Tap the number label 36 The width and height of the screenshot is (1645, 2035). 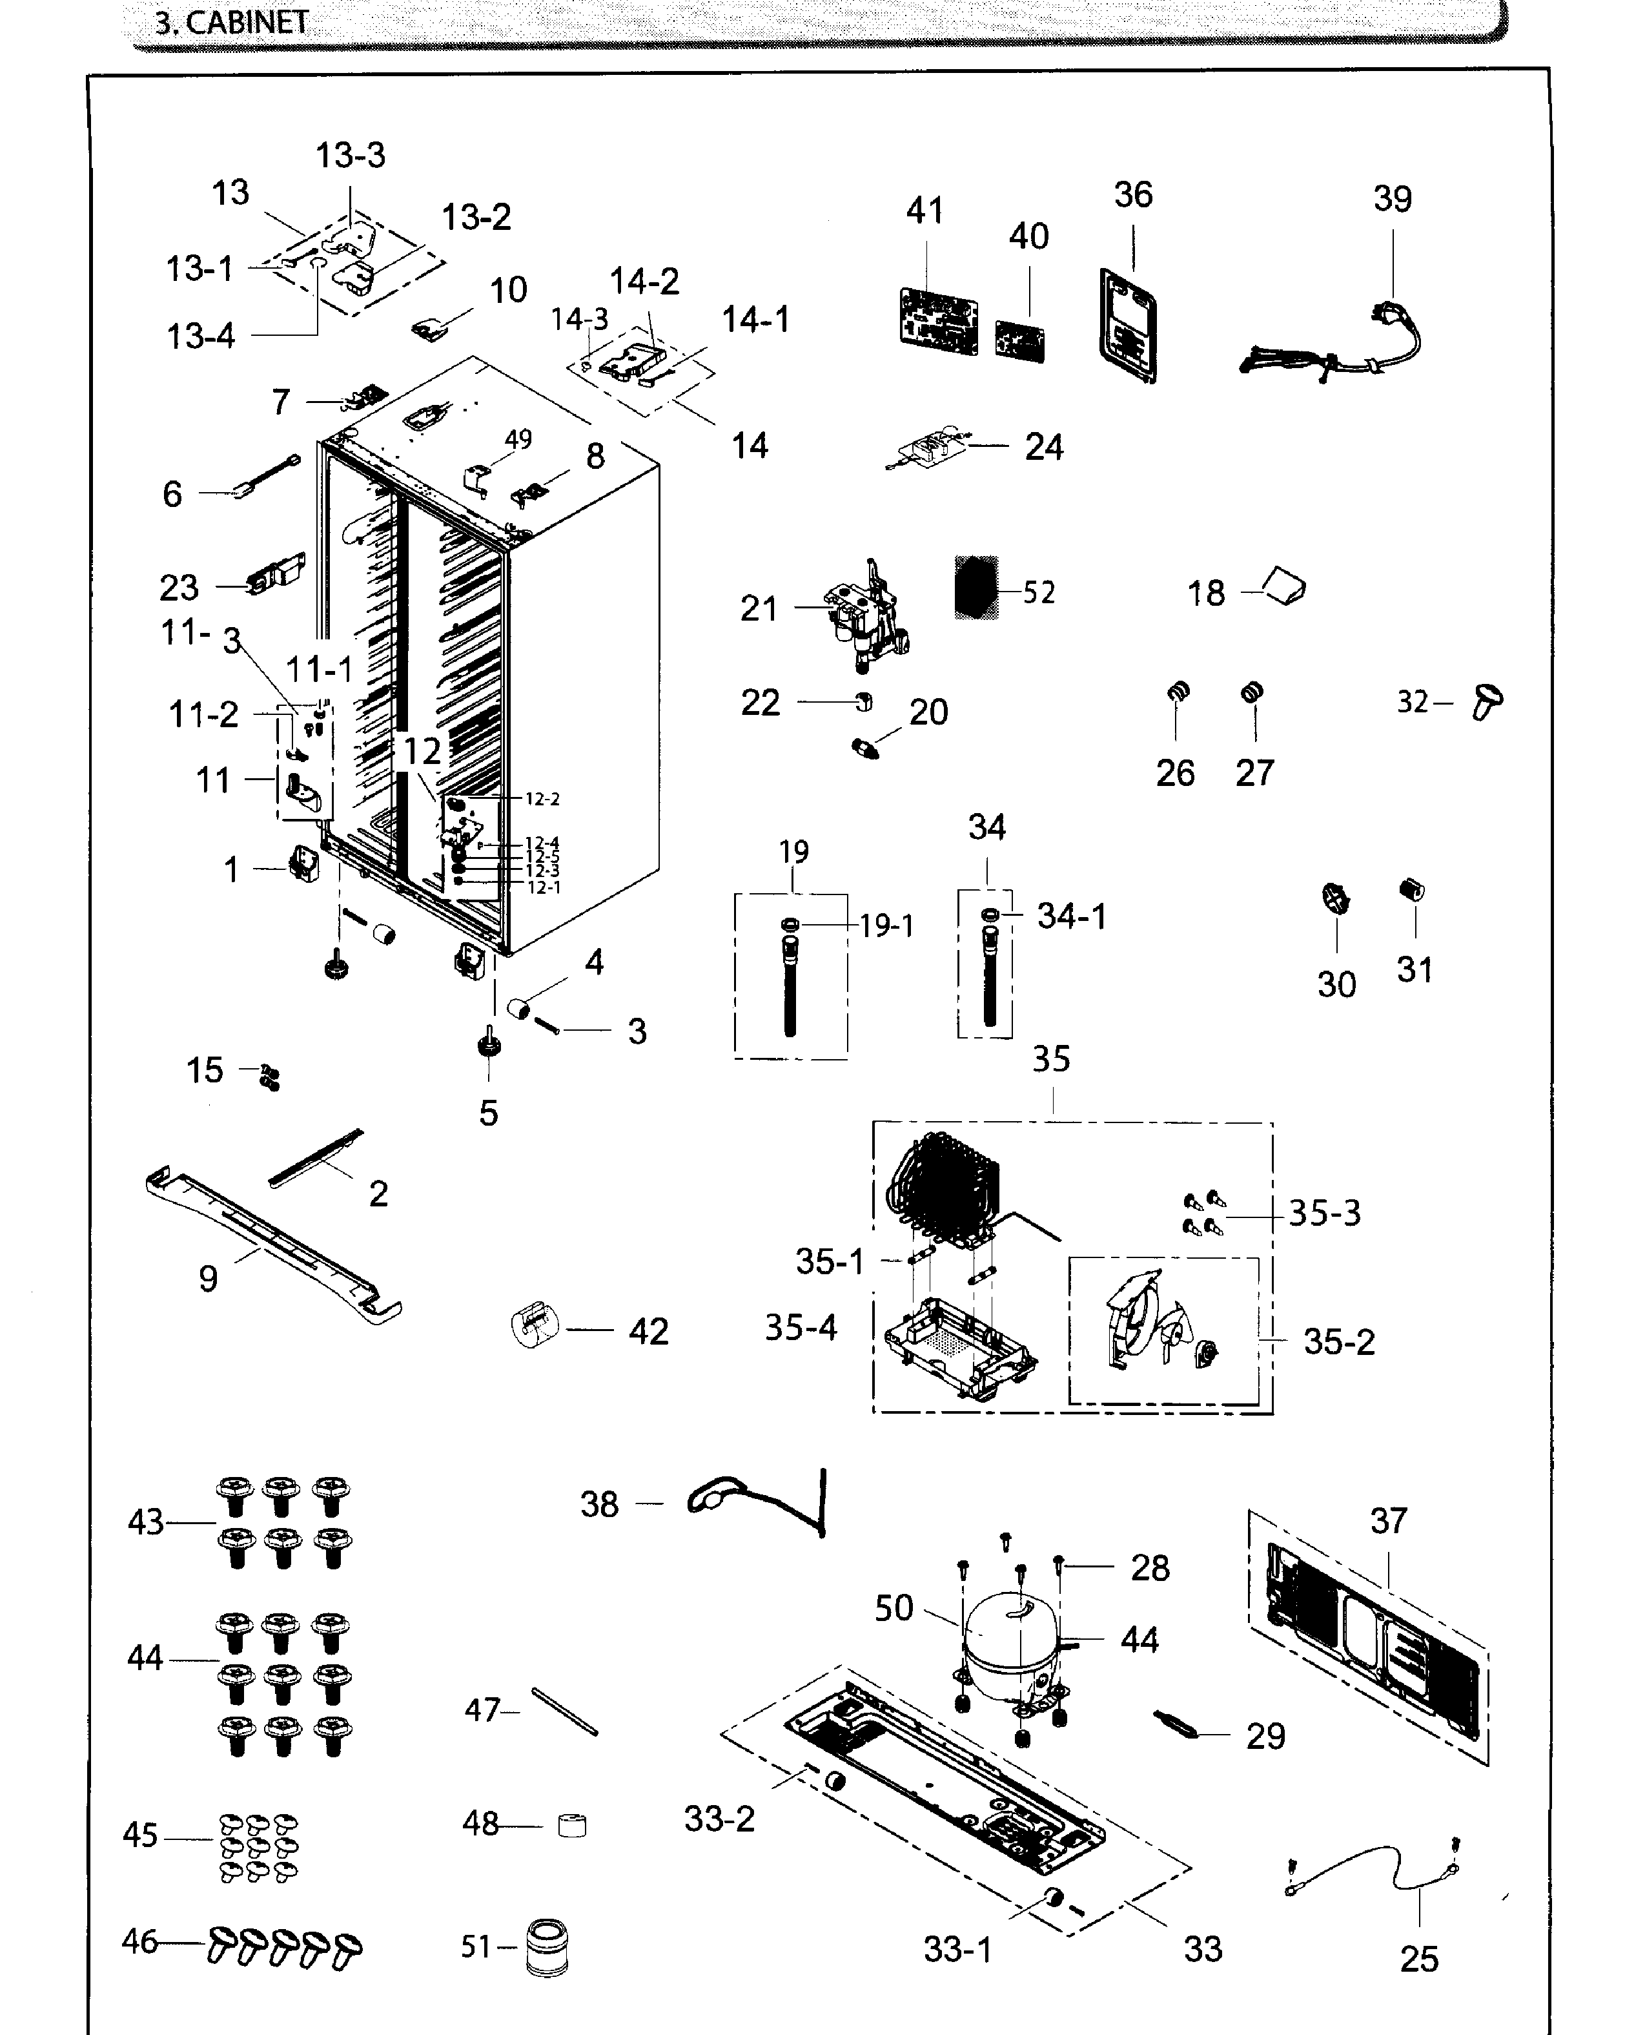(1132, 195)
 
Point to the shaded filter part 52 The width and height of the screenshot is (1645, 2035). (976, 588)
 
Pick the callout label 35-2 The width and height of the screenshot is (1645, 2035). (1338, 1342)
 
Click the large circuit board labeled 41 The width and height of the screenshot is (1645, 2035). (937, 320)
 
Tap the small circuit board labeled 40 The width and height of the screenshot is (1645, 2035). (1019, 341)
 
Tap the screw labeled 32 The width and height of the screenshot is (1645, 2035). (1487, 703)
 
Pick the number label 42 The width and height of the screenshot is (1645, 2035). (648, 1332)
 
